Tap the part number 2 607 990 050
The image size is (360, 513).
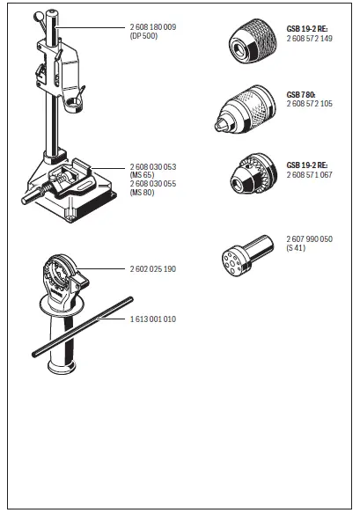click(309, 238)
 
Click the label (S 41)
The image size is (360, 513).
click(297, 248)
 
